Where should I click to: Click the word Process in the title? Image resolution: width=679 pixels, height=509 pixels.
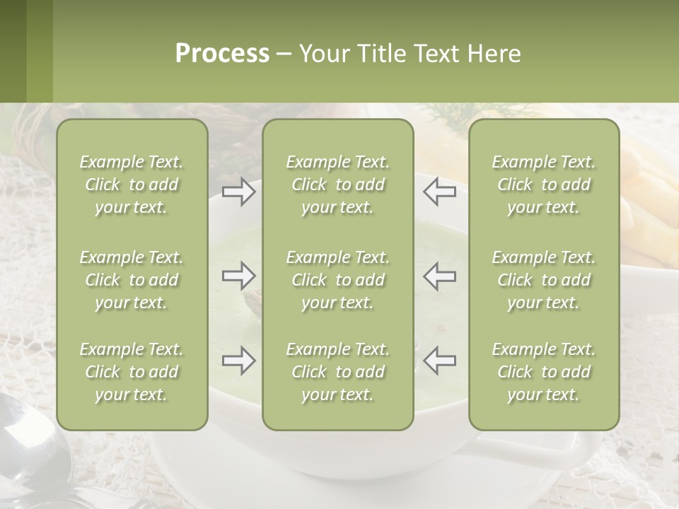pos(222,54)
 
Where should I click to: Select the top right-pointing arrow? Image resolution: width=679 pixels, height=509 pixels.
pos(238,192)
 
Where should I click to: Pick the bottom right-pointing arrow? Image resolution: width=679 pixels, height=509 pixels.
pos(238,361)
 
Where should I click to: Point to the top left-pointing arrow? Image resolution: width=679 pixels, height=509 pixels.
pos(439,192)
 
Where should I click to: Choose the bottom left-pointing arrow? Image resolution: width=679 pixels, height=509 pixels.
pos(439,361)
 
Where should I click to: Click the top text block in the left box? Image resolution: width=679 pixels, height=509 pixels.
pos(132,185)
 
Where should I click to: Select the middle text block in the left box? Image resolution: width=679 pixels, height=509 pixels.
pos(132,280)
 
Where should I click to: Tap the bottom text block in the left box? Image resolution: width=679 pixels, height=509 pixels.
pos(132,372)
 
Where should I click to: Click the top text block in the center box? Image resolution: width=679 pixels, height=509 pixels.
pos(338,185)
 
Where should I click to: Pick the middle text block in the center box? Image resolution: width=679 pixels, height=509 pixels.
pos(338,280)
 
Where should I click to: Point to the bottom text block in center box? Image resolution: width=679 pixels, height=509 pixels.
pos(338,372)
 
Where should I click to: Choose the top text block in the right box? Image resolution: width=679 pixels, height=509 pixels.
pos(544,185)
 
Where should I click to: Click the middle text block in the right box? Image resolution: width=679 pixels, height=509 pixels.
pos(544,280)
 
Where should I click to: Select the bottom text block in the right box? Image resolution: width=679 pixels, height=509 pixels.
pos(544,372)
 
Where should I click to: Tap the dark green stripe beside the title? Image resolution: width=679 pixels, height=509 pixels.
pos(13,51)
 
